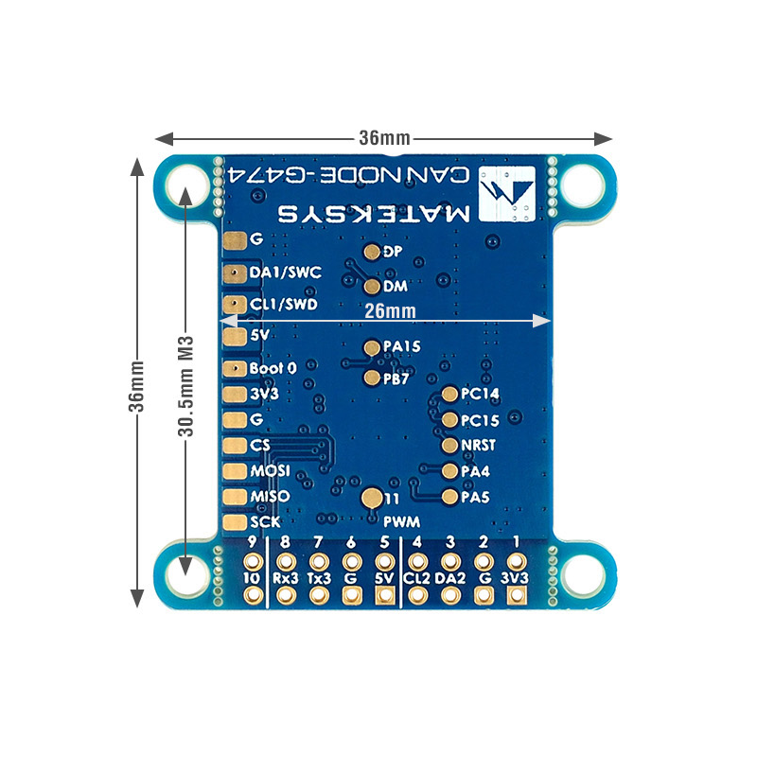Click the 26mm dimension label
pyautogui.click(x=390, y=310)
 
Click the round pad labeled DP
pyautogui.click(x=372, y=252)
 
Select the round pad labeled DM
pyautogui.click(x=372, y=286)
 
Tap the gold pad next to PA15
pyautogui.click(x=372, y=346)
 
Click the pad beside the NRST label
pyautogui.click(x=450, y=445)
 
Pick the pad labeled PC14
pyautogui.click(x=450, y=394)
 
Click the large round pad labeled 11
pyautogui.click(x=373, y=498)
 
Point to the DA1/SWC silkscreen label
pyautogui.click(x=285, y=273)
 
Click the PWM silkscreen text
pyautogui.click(x=402, y=521)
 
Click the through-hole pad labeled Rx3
pyautogui.click(x=285, y=595)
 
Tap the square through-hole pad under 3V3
pyautogui.click(x=516, y=595)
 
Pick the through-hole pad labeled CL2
pyautogui.click(x=416, y=595)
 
